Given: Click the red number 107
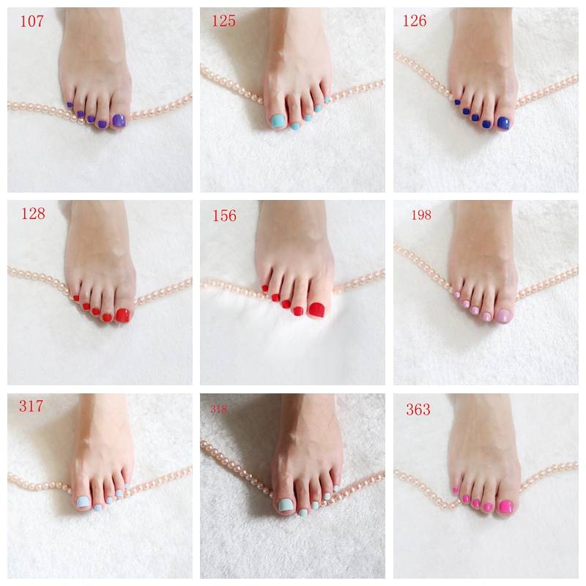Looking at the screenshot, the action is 31,21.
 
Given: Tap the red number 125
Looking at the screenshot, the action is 223,21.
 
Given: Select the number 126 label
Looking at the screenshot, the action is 414,21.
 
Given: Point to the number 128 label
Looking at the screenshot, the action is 33,213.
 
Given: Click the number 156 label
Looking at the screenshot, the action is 224,215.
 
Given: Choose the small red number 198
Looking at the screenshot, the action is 421,215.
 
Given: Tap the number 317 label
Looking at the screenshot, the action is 31,406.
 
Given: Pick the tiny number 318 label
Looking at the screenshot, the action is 218,409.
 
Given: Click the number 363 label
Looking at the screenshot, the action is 418,409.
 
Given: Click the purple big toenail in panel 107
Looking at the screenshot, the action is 119,121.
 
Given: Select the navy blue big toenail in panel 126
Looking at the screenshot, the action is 503,123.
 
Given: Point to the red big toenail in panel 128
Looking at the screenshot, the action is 122,315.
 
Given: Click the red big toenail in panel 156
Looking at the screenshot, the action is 317,309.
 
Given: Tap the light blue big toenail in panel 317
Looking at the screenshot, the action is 83,502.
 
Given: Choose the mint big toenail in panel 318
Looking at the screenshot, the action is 284,505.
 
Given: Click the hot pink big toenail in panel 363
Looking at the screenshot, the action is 506,506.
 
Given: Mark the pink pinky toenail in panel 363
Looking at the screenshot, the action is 456,489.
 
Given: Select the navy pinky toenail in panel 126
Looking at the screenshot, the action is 457,102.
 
